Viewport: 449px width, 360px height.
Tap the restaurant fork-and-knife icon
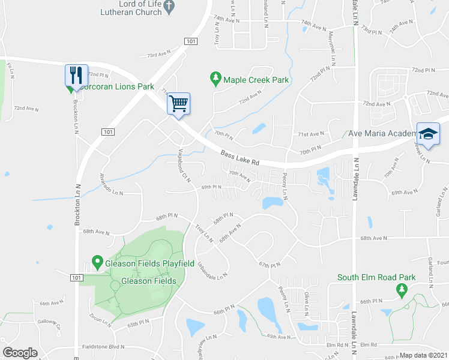coord(76,75)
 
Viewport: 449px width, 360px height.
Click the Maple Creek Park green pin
coord(215,79)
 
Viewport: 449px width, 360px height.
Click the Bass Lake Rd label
coord(240,158)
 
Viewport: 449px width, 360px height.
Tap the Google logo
coord(20,352)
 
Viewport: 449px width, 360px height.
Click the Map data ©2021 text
coord(423,355)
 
